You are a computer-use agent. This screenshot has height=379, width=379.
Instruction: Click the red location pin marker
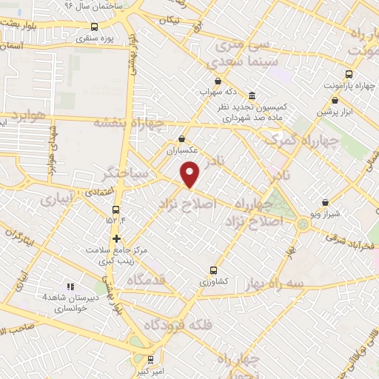[192, 175]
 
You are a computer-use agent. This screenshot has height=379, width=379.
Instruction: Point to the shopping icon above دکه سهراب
[218, 81]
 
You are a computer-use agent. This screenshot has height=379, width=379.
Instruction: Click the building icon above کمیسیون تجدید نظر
[252, 97]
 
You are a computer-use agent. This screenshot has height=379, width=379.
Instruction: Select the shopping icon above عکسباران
[182, 138]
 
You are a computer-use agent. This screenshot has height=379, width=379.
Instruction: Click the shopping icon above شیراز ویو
[326, 201]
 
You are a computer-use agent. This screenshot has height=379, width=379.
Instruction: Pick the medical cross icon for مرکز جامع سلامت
[116, 238]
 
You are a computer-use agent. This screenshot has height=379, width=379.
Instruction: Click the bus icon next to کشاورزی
[214, 271]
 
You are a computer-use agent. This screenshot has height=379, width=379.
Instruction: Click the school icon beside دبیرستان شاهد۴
[70, 286]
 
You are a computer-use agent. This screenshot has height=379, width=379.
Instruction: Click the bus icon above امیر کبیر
[152, 355]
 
